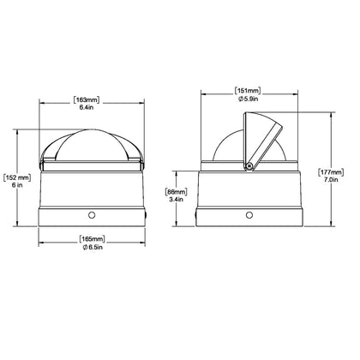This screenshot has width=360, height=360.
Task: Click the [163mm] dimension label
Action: click(x=87, y=100)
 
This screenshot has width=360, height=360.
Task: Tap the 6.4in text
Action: click(x=87, y=108)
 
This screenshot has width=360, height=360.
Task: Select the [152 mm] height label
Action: click(x=17, y=177)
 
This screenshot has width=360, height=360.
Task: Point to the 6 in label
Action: click(x=17, y=185)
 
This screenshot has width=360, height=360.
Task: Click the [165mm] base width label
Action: click(x=92, y=239)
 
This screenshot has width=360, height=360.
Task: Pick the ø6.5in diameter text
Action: click(x=93, y=247)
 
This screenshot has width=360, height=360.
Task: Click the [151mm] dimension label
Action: click(x=248, y=91)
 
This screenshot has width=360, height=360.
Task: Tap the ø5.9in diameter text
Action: click(x=248, y=99)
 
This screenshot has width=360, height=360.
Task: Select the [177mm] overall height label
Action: click(x=331, y=172)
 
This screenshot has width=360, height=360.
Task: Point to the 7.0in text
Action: click(x=331, y=180)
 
